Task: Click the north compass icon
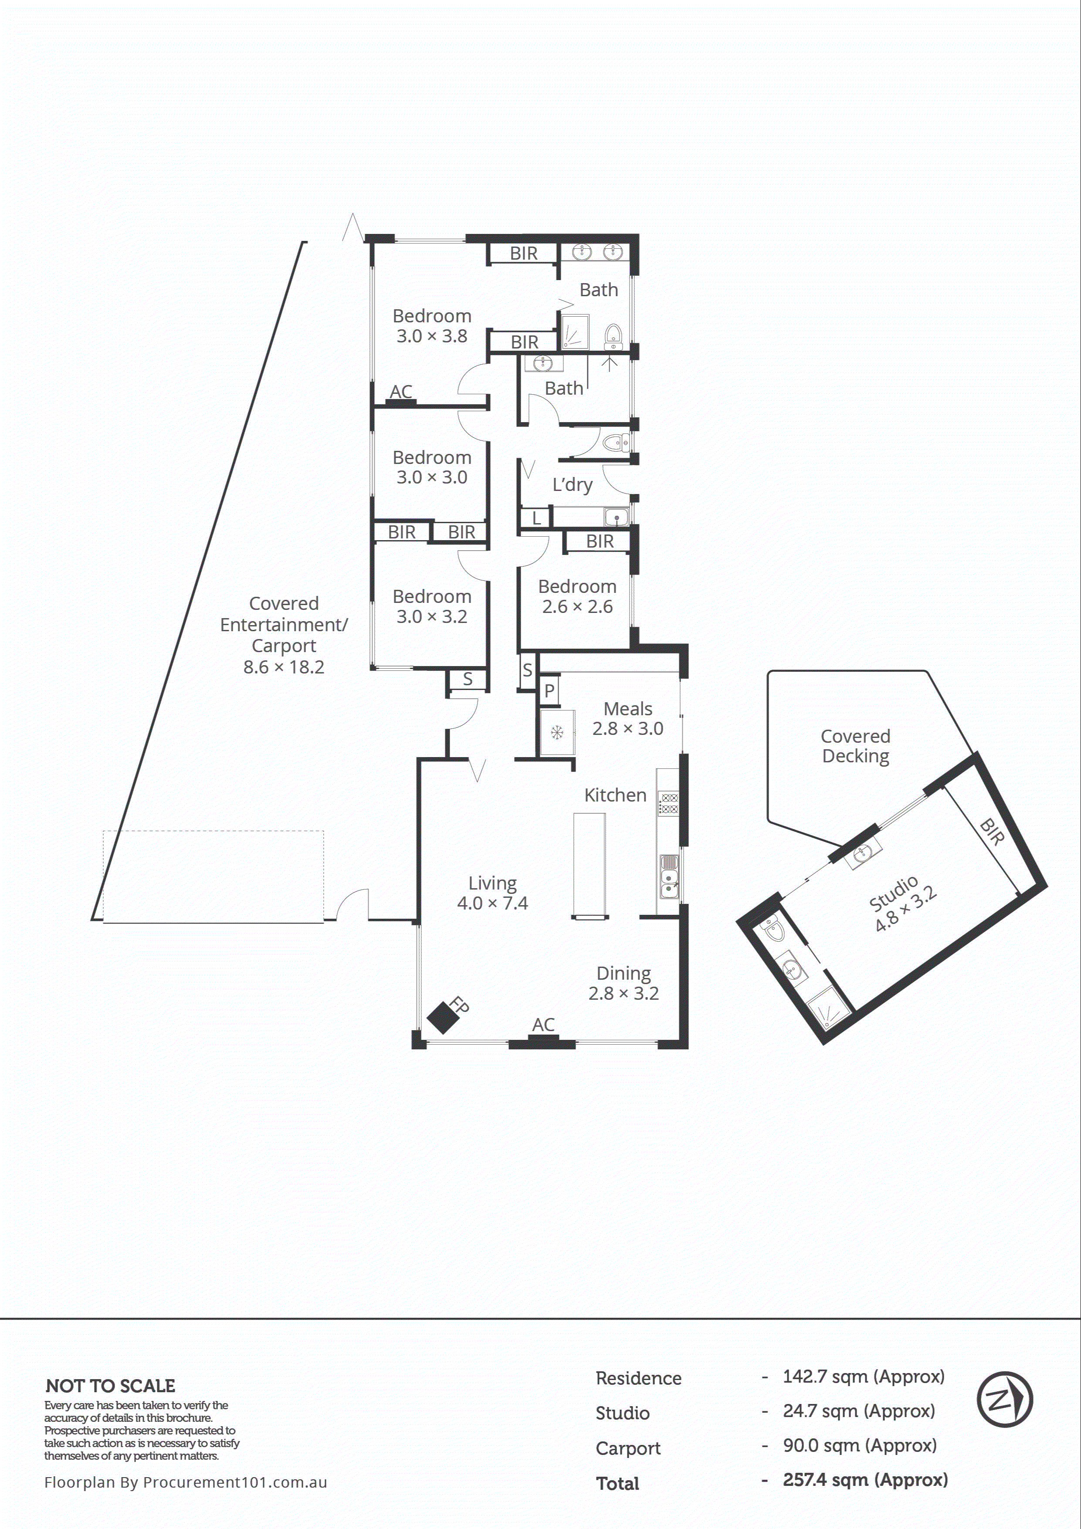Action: click(1004, 1399)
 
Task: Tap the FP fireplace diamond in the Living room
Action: click(441, 1018)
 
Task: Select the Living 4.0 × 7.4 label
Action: click(492, 893)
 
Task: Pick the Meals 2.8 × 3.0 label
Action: click(627, 719)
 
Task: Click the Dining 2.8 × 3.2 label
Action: click(624, 983)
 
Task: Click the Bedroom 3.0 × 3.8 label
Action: click(432, 326)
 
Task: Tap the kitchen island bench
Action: click(590, 866)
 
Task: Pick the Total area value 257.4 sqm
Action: click(864, 1480)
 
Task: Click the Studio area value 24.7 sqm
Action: click(858, 1411)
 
